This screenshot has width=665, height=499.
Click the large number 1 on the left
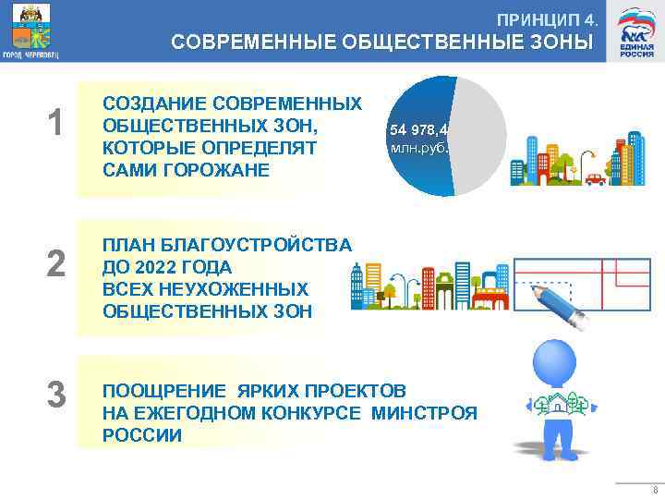tap(56, 124)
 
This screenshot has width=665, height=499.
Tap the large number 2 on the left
tap(56, 265)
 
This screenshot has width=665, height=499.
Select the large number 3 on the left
tap(56, 396)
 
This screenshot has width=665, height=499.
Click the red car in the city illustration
tap(595, 178)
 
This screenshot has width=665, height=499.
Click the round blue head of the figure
tap(557, 361)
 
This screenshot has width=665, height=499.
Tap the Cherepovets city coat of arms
tap(30, 30)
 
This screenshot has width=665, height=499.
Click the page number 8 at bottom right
tap(654, 491)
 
